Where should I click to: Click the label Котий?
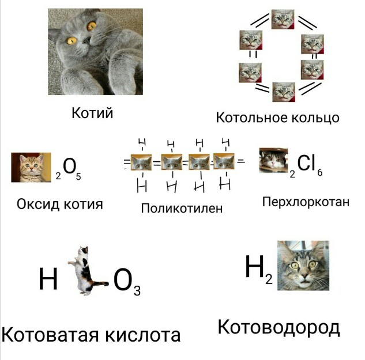[92, 113]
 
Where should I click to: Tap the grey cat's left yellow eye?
[72, 40]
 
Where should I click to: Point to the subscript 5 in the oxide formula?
[78, 176]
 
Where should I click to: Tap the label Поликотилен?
[182, 208]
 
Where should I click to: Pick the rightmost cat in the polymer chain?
[225, 163]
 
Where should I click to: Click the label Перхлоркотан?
[306, 202]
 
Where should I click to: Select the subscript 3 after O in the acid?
[137, 290]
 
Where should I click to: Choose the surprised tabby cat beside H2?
[303, 266]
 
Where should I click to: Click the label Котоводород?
[279, 327]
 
